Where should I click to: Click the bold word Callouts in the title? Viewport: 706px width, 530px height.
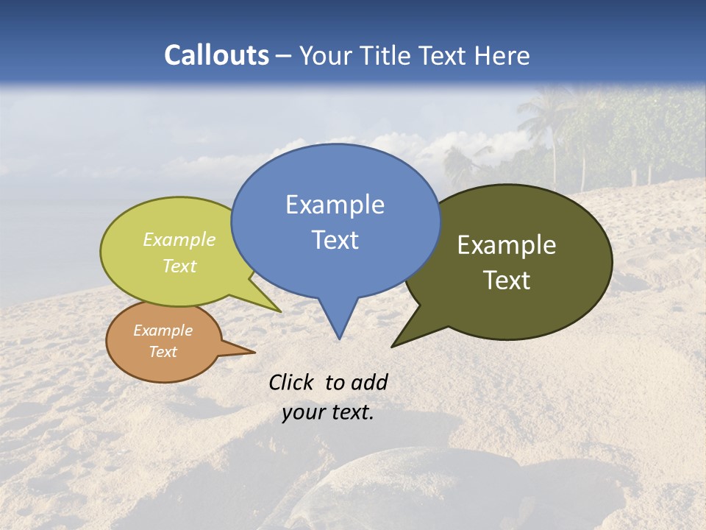point(216,55)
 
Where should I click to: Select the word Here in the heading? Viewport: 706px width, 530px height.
point(503,55)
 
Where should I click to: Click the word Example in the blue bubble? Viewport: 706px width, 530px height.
point(335,205)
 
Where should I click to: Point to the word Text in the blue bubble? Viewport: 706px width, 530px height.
point(335,240)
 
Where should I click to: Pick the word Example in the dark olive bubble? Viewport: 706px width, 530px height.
point(507,245)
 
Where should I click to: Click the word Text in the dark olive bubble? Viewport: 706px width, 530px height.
point(507,280)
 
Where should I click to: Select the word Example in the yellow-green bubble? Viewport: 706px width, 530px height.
point(179,240)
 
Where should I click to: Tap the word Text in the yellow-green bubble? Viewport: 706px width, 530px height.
point(179,266)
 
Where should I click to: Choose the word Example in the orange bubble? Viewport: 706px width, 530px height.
point(163,331)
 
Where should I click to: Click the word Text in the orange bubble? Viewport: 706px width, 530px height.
point(163,352)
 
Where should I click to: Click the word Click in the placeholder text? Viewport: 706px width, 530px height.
point(293,383)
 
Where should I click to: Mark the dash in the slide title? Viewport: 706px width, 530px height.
point(285,56)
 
